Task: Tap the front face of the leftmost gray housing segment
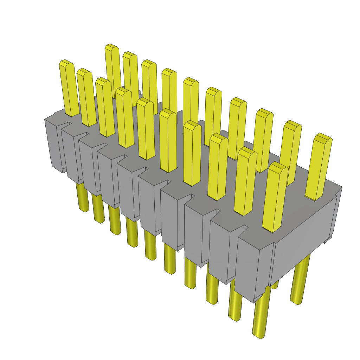[x=53, y=144]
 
